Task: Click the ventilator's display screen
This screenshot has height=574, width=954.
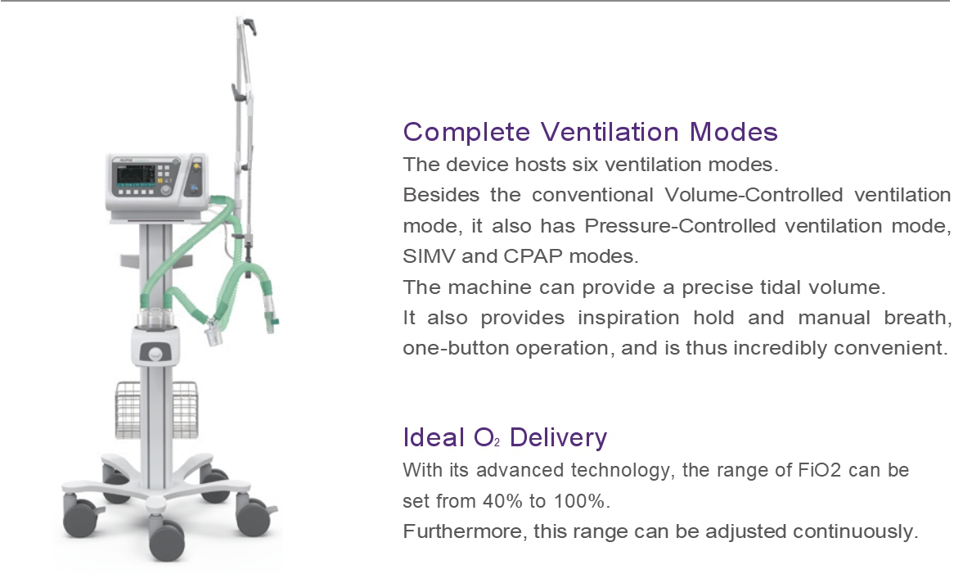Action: point(136,175)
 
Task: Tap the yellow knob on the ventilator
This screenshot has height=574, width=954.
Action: point(196,165)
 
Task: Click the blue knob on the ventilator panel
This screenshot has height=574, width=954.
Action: point(194,188)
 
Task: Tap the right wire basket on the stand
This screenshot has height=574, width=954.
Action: point(184,409)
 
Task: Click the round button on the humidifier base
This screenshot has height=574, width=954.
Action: point(155,354)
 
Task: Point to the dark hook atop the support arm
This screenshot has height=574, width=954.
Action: point(249,25)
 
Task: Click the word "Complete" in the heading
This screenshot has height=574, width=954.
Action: point(466,132)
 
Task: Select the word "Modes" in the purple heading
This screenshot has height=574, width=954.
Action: point(734,132)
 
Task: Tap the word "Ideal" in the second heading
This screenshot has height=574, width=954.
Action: point(434,437)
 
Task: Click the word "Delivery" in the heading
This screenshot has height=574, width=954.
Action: point(559,438)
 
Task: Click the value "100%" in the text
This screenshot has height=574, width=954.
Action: point(580,502)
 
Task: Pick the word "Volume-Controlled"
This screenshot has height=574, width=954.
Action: point(754,195)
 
